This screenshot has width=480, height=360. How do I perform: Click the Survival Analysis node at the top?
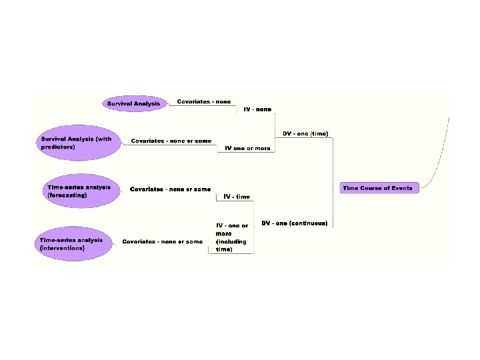tap(133, 104)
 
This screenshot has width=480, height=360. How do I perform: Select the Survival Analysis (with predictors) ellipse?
tap(75, 143)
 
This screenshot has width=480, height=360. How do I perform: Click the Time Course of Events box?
tap(377, 188)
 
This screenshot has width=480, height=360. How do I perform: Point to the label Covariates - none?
tap(204, 101)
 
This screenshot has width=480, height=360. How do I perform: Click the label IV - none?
tap(257, 109)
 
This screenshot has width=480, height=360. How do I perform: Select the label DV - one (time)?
tap(305, 134)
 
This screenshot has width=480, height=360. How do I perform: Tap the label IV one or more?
tap(247, 148)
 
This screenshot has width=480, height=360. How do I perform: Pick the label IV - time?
tap(237, 197)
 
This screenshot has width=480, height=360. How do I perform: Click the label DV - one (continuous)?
tap(294, 223)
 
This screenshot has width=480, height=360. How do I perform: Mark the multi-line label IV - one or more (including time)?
tap(231, 237)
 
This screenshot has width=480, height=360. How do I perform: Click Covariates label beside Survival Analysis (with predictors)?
tap(171, 141)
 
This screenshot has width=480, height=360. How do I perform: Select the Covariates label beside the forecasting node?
tap(170, 189)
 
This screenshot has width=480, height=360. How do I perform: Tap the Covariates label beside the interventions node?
tap(162, 241)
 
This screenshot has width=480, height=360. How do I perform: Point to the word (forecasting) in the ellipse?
tap(68, 195)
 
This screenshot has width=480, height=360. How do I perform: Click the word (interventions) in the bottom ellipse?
tap(63, 247)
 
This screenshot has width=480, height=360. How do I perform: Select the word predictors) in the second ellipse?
tap(58, 147)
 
